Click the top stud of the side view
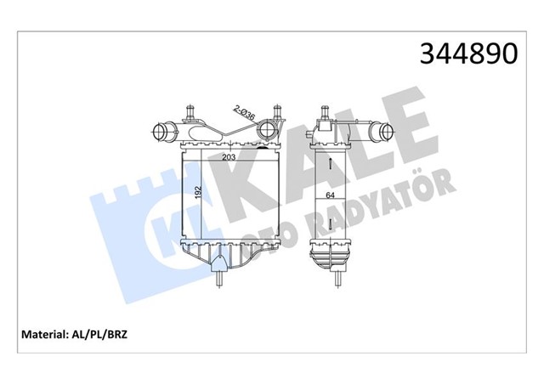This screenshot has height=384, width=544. (x=327, y=111)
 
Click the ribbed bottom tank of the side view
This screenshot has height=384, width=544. (x=331, y=255)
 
